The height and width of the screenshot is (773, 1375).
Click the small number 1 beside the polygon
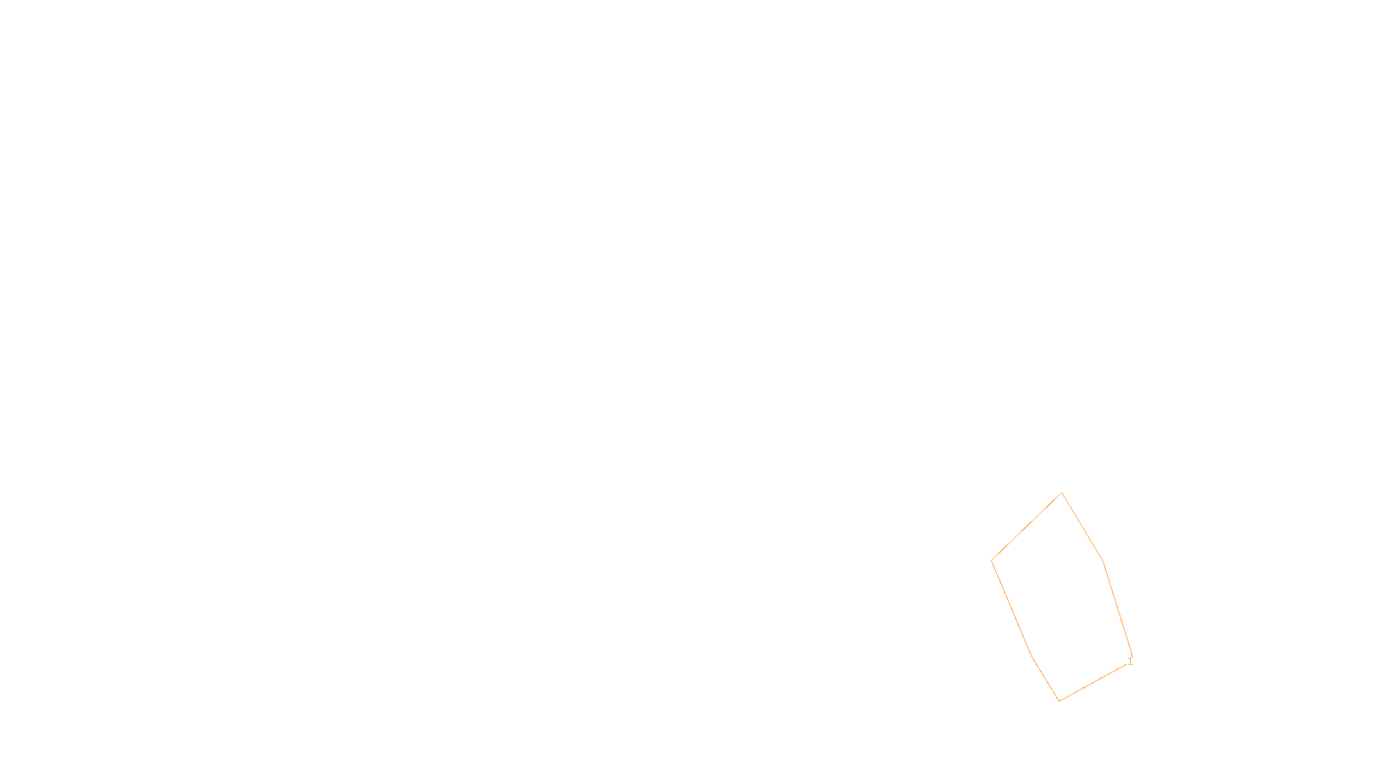pos(1130,661)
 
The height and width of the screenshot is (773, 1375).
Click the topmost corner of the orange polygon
pos(1062,493)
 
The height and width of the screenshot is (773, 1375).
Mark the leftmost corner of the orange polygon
pos(992,561)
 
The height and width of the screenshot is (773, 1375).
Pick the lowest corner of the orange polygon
pos(1060,701)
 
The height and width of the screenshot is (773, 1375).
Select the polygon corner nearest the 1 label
pos(1132,657)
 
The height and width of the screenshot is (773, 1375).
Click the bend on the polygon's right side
pos(1103,563)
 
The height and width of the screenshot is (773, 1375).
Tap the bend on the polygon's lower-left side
pos(1031,656)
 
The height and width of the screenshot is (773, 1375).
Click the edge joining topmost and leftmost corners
pos(1027,527)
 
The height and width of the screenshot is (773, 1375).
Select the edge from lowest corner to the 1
pos(1094,681)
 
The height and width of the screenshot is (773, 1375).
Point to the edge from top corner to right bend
pos(1083,527)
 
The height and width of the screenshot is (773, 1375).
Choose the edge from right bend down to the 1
pos(1117,610)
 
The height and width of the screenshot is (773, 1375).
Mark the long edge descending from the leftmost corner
pos(1011,608)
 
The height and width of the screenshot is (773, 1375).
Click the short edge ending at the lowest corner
pos(1045,679)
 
